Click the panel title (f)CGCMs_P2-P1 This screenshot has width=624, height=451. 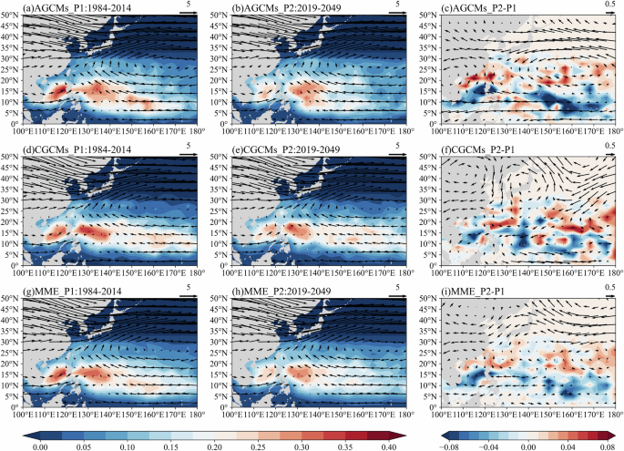click(x=474, y=148)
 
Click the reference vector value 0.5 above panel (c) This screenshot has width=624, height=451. click(x=609, y=6)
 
